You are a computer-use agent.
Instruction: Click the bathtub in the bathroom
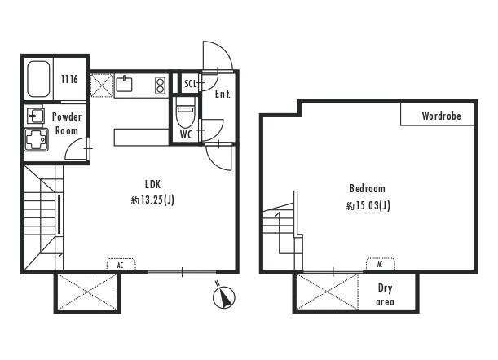(38, 79)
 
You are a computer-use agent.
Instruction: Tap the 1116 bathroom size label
(69, 79)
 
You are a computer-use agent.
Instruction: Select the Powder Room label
(67, 124)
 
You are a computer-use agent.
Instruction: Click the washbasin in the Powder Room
(35, 116)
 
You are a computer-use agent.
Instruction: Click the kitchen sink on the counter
(124, 84)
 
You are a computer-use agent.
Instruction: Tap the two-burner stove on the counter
(161, 86)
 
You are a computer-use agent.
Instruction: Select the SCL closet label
(190, 84)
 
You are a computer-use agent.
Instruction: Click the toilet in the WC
(185, 112)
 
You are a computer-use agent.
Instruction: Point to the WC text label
(186, 134)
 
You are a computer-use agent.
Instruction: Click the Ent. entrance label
(223, 94)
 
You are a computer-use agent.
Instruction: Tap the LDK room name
(152, 184)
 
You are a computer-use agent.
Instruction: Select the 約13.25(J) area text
(152, 200)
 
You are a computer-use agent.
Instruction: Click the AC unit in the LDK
(121, 265)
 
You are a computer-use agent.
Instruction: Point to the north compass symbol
(223, 296)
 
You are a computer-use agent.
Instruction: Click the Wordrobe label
(441, 116)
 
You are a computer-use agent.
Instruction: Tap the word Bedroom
(368, 188)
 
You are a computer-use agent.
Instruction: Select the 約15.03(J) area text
(368, 205)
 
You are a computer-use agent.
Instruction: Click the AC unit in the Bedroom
(380, 264)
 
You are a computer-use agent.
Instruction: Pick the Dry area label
(385, 295)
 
